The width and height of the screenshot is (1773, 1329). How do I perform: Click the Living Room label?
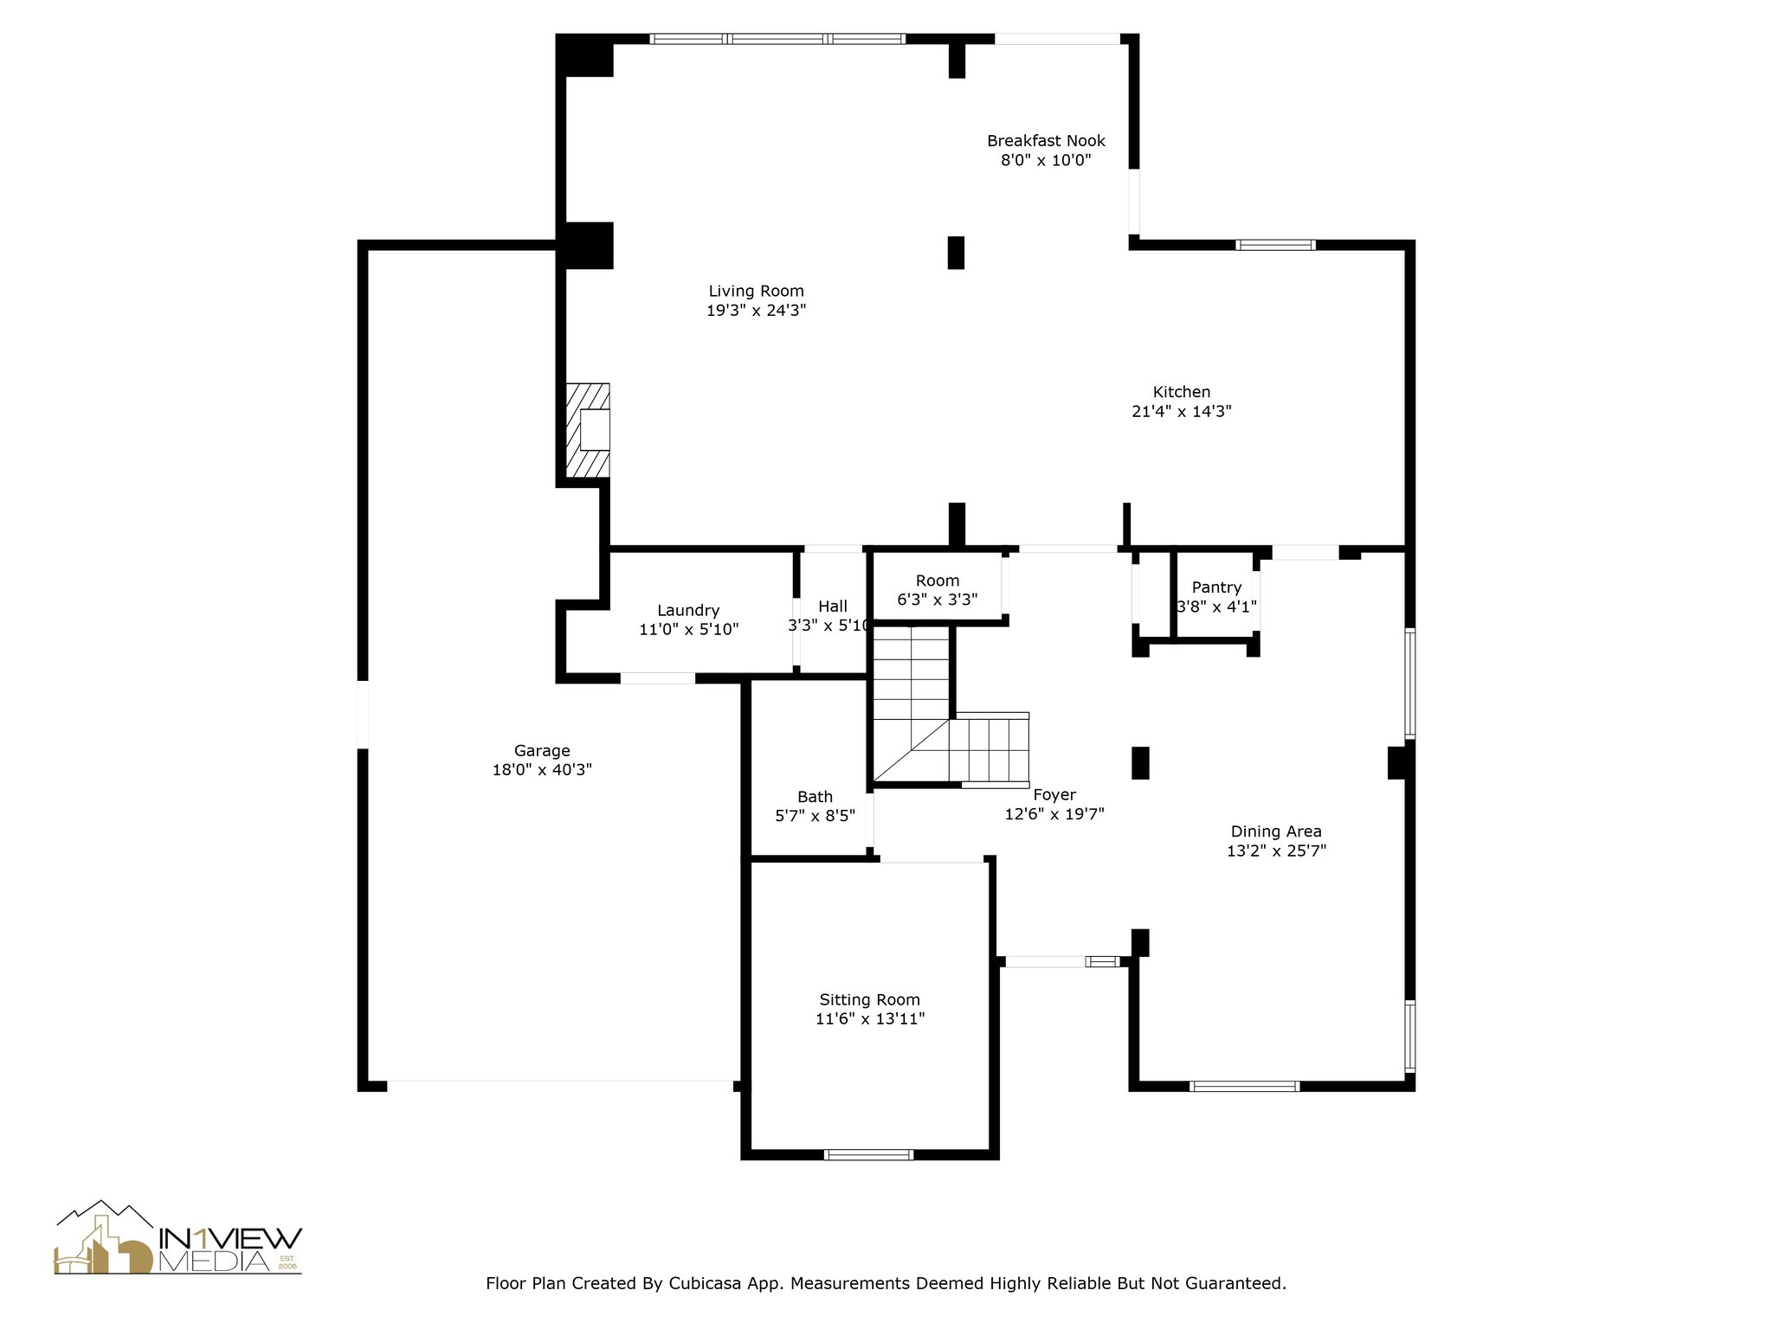pos(756,292)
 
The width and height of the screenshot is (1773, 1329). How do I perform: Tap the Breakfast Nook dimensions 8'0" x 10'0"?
pos(1046,160)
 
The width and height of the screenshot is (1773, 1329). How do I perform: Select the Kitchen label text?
pos(1181,392)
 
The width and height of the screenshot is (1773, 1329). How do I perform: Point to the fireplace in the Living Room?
pos(588,429)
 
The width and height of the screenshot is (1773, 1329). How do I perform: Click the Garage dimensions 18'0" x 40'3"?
pos(542,769)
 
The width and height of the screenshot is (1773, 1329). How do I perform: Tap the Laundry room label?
pos(688,610)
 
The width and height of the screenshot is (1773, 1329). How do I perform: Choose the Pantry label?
pos(1216,587)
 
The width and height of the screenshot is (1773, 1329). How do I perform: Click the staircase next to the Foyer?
pos(950,706)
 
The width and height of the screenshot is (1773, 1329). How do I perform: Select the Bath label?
pos(815,797)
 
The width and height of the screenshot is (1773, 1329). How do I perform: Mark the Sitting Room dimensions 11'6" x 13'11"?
pos(870,1018)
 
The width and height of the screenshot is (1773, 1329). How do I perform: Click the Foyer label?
pos(1054,794)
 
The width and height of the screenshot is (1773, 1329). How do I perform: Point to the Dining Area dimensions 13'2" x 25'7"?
pos(1276,851)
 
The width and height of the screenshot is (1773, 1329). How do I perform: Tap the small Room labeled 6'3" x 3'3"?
pos(938,589)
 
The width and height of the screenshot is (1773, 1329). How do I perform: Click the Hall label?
pos(833,606)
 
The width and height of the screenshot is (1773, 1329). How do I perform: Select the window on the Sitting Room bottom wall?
pos(868,1154)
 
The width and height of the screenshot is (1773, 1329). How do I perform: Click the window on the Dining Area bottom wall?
pos(1244,1086)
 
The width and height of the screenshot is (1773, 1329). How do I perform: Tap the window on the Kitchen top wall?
pos(1275,245)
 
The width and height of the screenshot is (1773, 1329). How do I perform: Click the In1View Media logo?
pos(178,1237)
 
